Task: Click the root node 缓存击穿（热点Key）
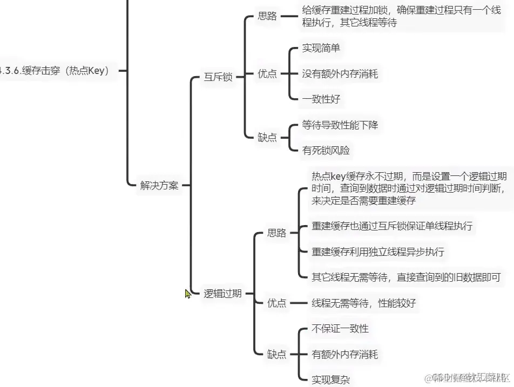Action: coord(57,71)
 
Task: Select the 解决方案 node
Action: coord(159,186)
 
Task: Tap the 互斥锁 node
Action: coord(218,77)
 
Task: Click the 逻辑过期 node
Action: coord(222,294)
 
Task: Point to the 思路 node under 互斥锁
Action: coord(267,16)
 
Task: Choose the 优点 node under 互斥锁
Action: coord(267,74)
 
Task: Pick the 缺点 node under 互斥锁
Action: coord(267,138)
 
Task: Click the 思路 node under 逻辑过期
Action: coord(277,233)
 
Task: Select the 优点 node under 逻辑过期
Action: coord(277,303)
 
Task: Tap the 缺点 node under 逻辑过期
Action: coord(277,354)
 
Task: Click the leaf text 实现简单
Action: coord(321,48)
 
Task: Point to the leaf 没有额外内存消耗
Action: coord(340,74)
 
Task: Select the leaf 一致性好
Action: coord(321,99)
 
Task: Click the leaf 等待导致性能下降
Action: coord(340,125)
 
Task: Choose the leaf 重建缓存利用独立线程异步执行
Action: coord(378,252)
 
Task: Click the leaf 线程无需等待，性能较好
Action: coord(364,303)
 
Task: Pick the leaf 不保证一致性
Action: coord(340,329)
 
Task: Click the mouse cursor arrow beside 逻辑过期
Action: coord(187,293)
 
